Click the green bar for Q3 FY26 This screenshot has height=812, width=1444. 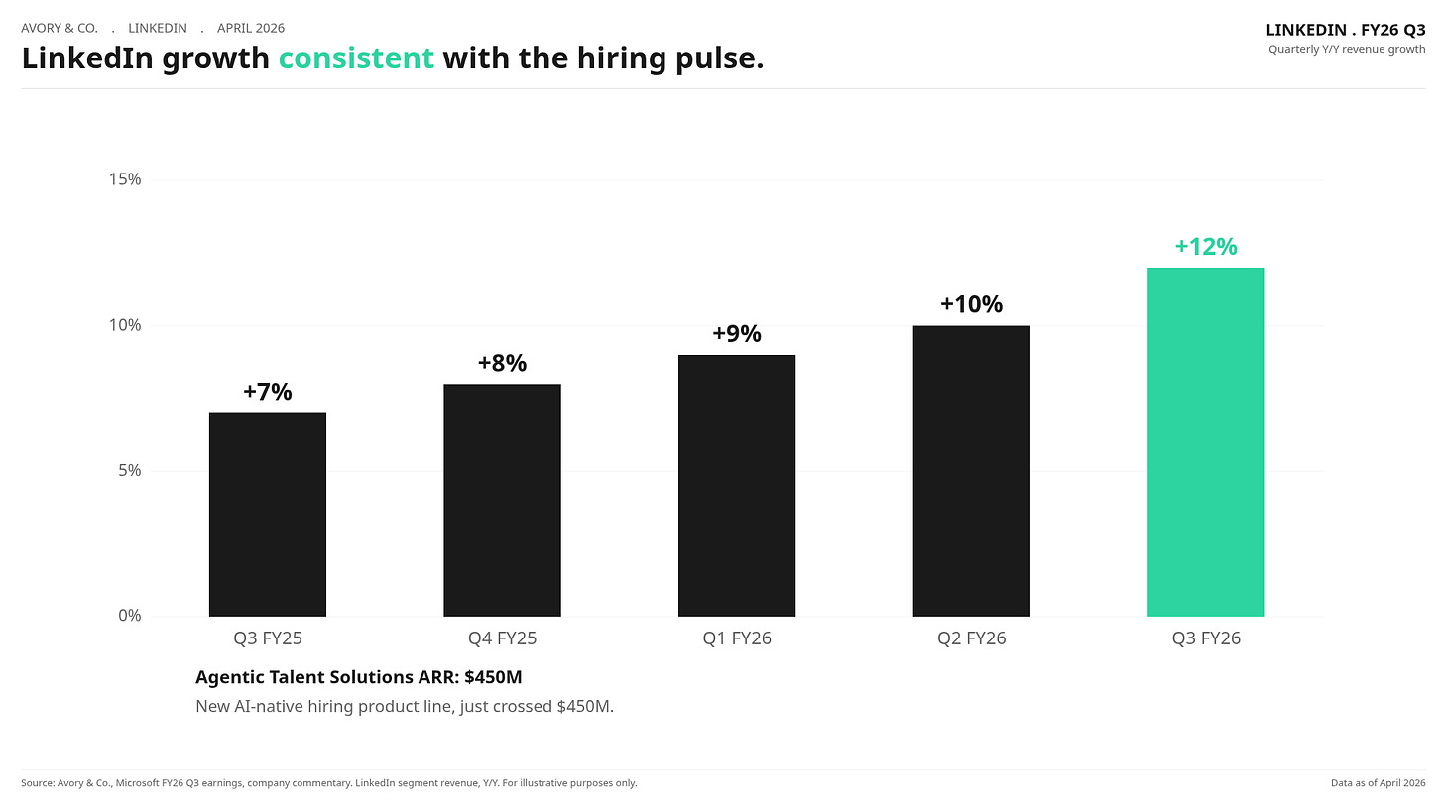click(1206, 442)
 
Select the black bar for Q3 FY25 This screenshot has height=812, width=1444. click(268, 515)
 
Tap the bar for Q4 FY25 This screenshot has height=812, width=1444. click(502, 500)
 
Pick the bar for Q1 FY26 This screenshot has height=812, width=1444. click(737, 485)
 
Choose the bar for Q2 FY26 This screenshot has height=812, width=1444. click(972, 471)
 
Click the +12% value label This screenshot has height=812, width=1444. click(1206, 246)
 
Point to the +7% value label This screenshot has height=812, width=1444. click(268, 392)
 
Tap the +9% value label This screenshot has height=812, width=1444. click(737, 333)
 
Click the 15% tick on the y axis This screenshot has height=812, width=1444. click(124, 179)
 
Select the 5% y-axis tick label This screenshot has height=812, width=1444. click(129, 470)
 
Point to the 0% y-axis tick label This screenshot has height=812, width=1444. click(129, 616)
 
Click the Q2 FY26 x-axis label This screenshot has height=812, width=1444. click(972, 638)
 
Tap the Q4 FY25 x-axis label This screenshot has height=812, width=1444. click(502, 638)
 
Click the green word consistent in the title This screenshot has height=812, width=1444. click(356, 58)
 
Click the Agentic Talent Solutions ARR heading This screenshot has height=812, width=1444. click(358, 677)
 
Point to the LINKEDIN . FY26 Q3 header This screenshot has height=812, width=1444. click(1346, 30)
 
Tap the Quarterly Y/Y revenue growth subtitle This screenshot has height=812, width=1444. click(1347, 49)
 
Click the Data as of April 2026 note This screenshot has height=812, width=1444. click(1379, 783)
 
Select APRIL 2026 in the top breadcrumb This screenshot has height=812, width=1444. click(251, 28)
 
